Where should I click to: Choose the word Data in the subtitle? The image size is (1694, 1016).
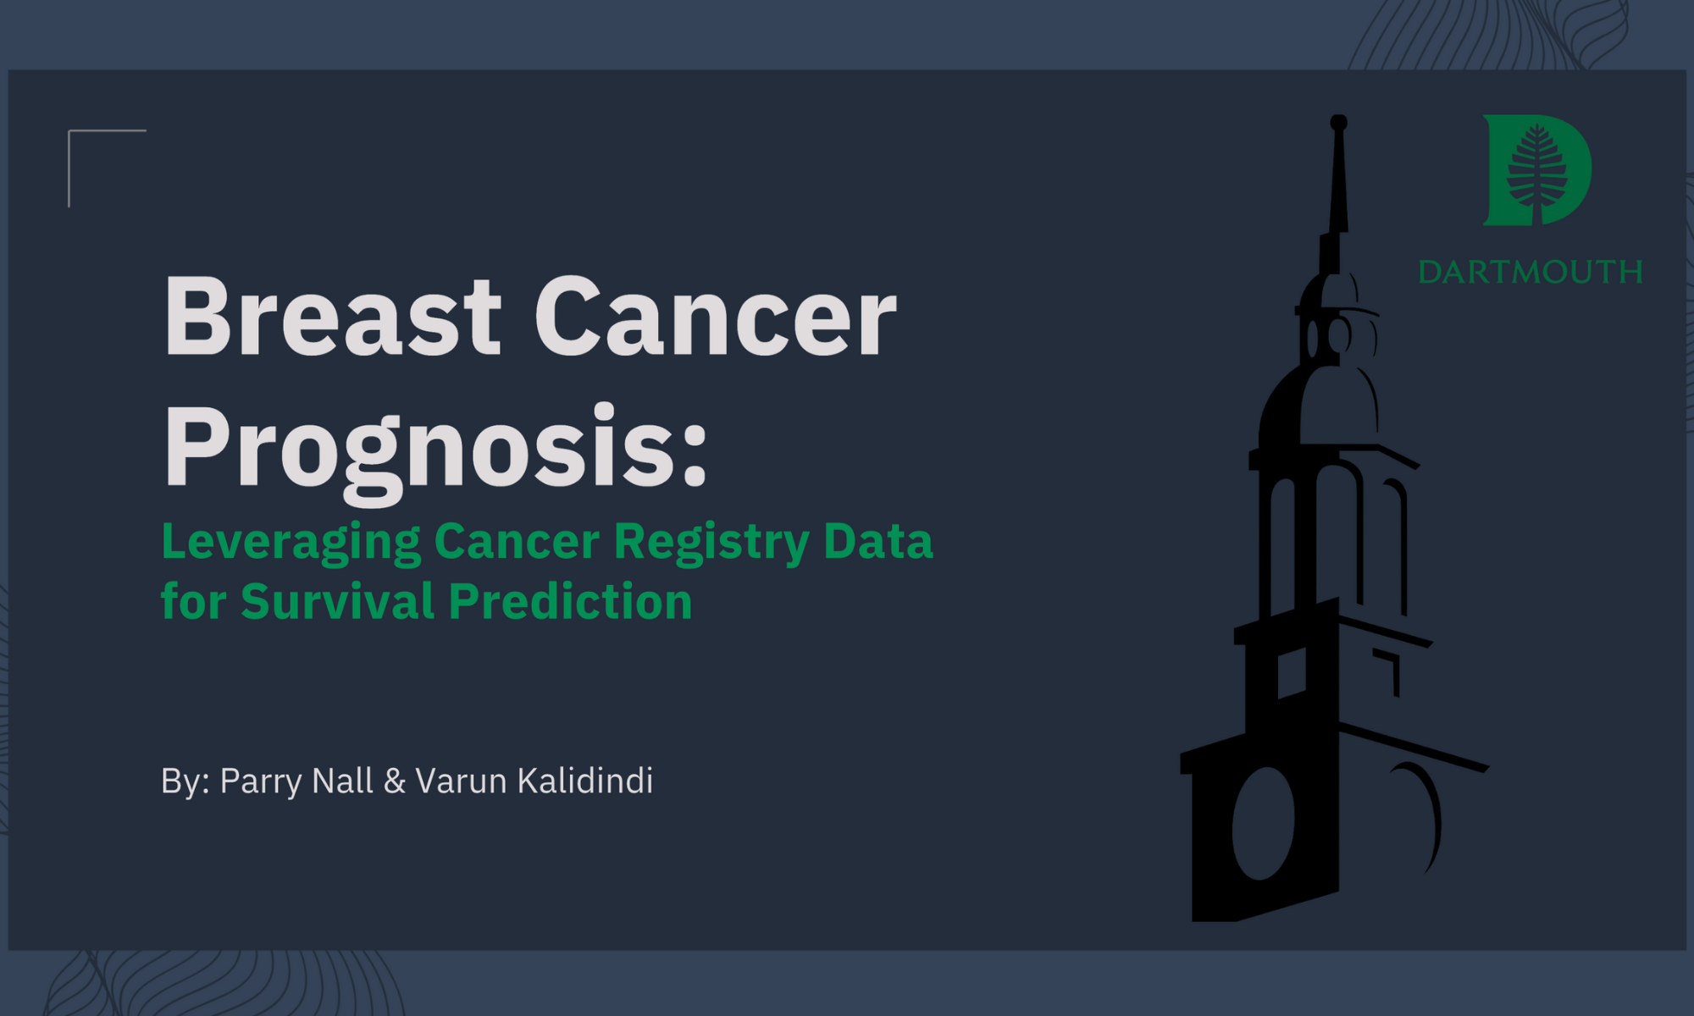878,541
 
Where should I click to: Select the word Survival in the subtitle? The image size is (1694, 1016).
338,601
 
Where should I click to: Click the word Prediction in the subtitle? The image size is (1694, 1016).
570,601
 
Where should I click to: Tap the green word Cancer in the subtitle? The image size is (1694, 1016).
517,541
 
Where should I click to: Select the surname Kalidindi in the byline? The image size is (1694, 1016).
585,780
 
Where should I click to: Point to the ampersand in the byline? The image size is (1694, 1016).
395,781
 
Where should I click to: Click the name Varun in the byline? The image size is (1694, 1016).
462,781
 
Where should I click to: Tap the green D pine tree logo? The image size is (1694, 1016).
1536,170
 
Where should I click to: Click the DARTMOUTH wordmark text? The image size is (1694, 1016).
1531,272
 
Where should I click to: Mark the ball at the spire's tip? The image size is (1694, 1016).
1338,123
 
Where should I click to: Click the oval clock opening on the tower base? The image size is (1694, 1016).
1263,823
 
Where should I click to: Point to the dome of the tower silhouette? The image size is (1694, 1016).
1317,406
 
